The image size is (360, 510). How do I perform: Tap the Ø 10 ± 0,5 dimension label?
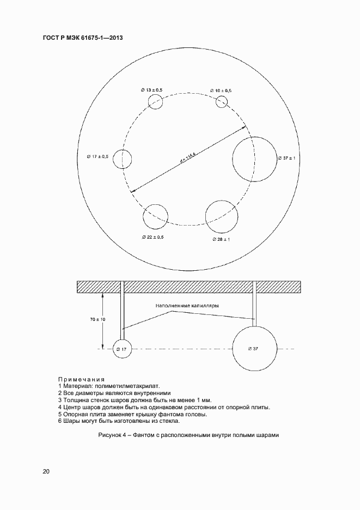(x=220, y=90)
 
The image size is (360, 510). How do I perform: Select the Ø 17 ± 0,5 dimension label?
(x=97, y=156)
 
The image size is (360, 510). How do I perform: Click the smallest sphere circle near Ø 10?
(x=222, y=101)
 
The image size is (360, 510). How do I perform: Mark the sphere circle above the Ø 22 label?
(x=155, y=217)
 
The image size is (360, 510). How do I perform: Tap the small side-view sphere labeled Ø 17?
(x=122, y=349)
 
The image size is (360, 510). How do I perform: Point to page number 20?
(x=46, y=472)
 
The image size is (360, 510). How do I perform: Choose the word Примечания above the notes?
(x=81, y=379)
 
